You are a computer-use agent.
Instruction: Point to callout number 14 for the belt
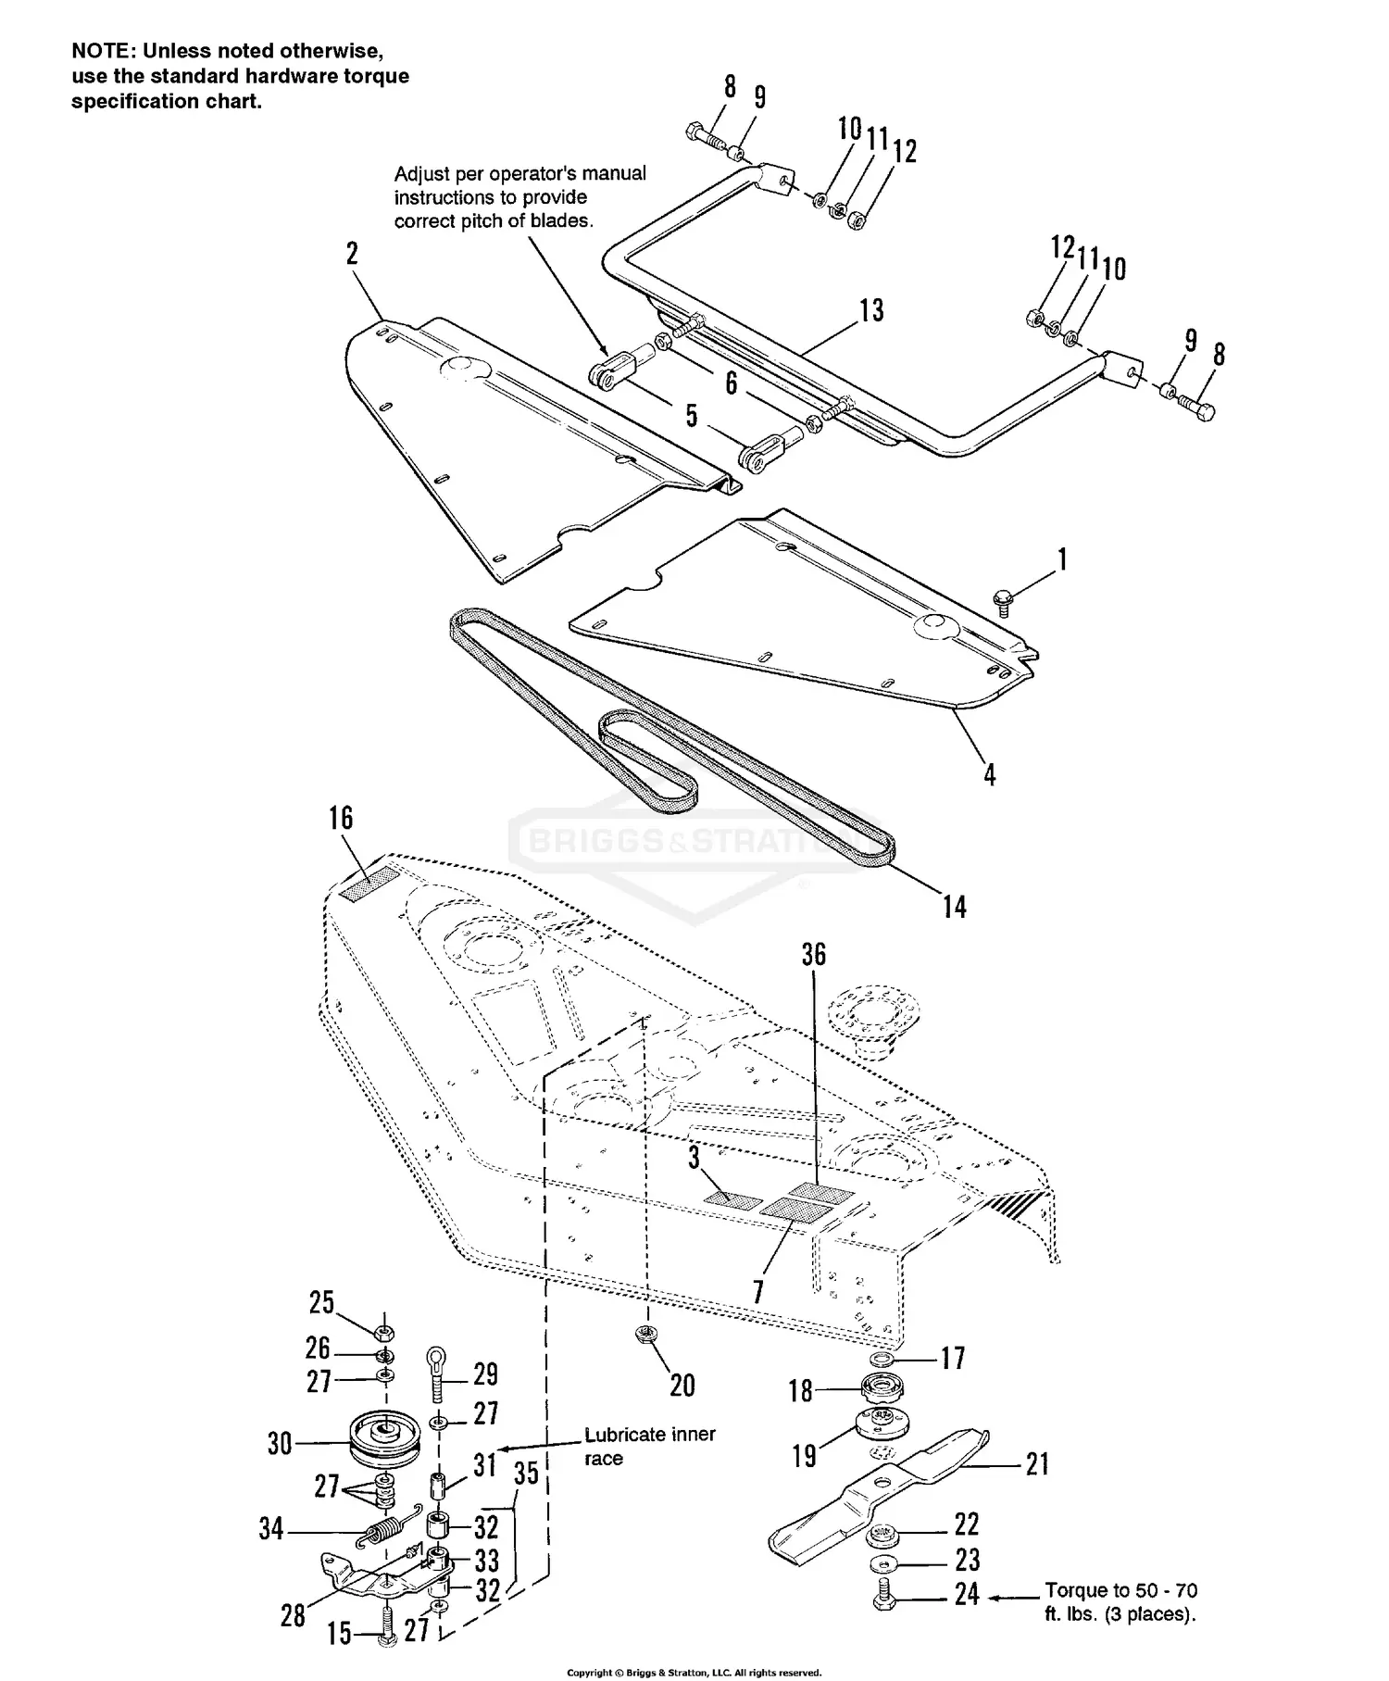[x=954, y=906]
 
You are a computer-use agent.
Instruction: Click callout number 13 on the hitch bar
[x=871, y=310]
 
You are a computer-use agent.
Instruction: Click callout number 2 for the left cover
[x=352, y=254]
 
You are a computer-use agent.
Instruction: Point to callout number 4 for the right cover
[x=989, y=774]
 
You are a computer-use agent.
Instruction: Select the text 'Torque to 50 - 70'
[x=1120, y=1591]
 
